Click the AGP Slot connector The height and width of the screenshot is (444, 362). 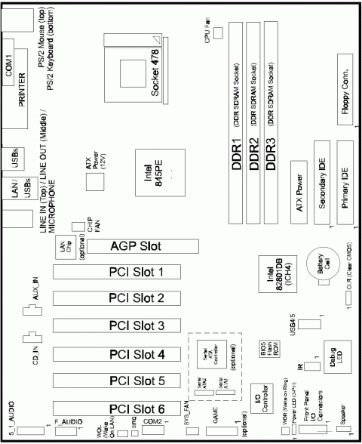[144, 246]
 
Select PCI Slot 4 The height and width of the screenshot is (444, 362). [120, 353]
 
